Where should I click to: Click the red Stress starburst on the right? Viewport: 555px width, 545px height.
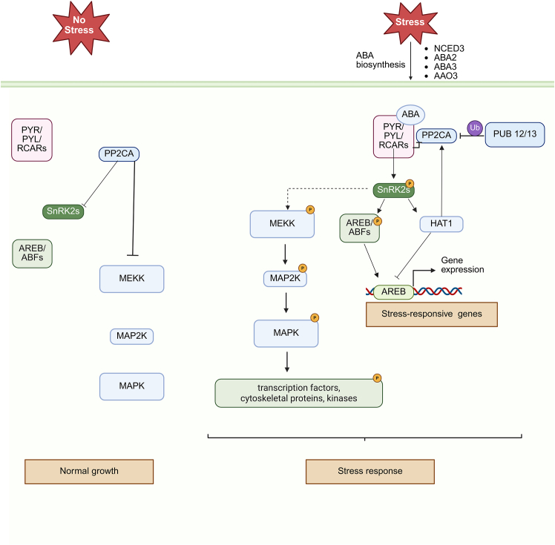pyautogui.click(x=410, y=22)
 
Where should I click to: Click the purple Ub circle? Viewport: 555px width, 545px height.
pyautogui.click(x=476, y=128)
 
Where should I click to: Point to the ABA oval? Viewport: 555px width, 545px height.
pyautogui.click(x=410, y=114)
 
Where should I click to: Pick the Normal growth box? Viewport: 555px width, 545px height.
pyautogui.click(x=89, y=471)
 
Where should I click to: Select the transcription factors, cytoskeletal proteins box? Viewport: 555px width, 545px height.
pyautogui.click(x=298, y=393)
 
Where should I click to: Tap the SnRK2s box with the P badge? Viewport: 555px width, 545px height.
pyautogui.click(x=393, y=191)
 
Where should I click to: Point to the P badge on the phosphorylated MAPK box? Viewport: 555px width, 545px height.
pyautogui.click(x=314, y=317)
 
